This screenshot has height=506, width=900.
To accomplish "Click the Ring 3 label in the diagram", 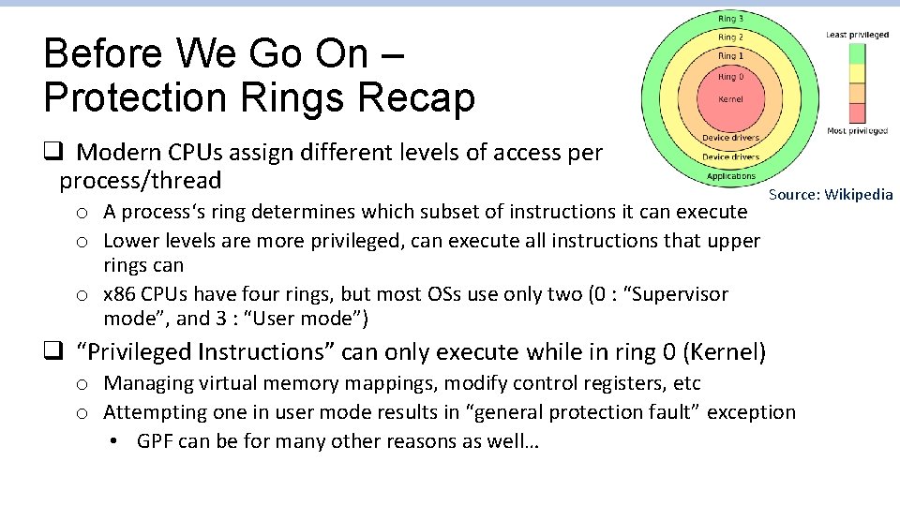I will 730,19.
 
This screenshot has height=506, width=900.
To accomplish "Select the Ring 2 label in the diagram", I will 730,37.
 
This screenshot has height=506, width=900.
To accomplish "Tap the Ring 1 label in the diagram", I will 730,56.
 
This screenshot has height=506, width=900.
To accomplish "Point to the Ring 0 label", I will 730,77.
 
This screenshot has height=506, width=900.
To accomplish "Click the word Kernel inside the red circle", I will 730,98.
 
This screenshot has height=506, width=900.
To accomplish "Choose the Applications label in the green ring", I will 730,176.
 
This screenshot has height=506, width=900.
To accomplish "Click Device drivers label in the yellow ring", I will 730,157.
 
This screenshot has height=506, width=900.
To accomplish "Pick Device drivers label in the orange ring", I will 730,138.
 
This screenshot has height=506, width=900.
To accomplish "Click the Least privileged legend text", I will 857,35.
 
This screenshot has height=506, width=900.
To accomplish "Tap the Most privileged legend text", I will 857,131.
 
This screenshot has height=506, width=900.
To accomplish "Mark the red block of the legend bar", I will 857,113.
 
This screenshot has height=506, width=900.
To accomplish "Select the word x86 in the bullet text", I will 119,294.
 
